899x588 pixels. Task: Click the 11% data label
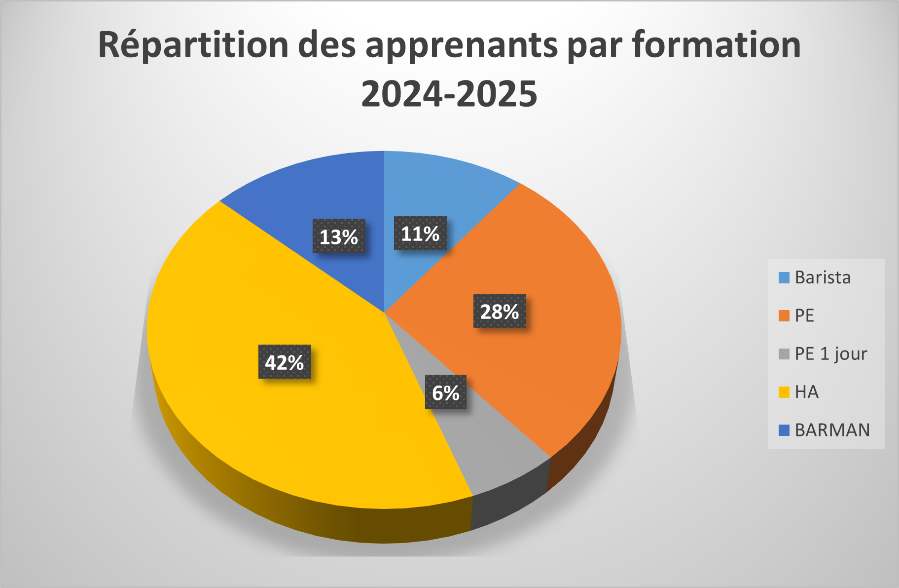coord(420,233)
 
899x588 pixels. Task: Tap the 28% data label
coord(500,311)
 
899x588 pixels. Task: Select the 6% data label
coord(446,392)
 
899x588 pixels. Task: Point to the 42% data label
coord(285,362)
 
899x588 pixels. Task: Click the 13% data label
coord(339,236)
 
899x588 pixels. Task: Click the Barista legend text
coord(823,277)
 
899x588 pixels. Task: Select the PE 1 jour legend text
coord(831,353)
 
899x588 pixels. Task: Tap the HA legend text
coord(807,392)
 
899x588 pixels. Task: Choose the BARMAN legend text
coord(832,430)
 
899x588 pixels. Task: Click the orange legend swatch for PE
coord(784,315)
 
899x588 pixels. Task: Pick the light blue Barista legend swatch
coord(784,277)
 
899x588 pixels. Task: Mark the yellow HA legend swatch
coord(784,392)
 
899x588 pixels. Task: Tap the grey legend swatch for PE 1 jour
coord(784,354)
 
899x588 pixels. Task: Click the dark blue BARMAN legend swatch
coord(784,430)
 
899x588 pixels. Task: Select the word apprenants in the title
coord(461,45)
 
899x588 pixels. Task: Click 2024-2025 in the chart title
coord(449,94)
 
